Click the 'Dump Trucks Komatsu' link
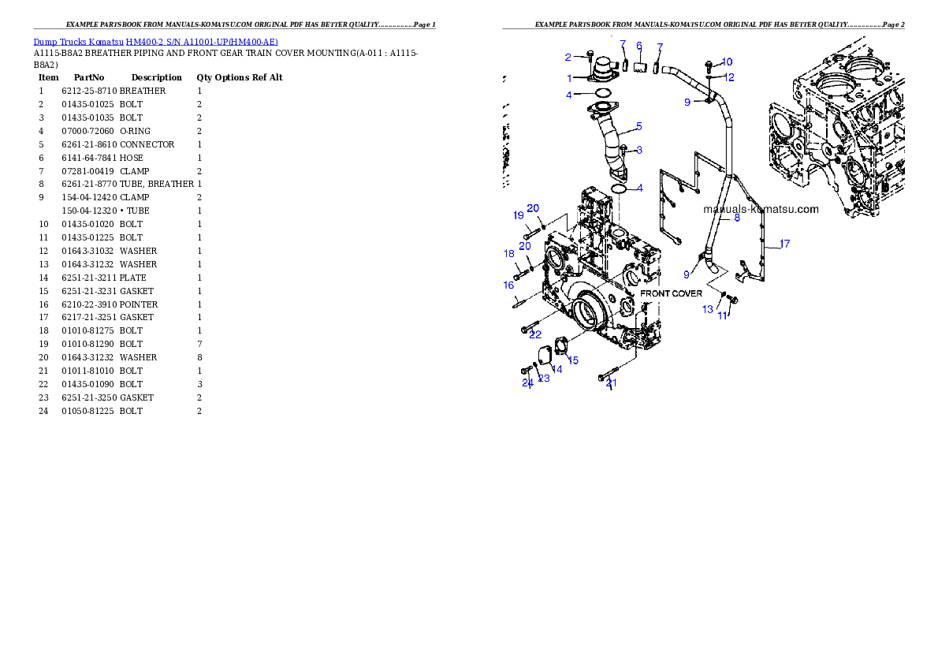point(78,42)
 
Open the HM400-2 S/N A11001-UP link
point(202,42)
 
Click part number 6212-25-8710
point(89,91)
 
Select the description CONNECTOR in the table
point(147,144)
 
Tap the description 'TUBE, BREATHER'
point(157,184)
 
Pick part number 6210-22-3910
point(89,304)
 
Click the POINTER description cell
point(139,304)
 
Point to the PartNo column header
point(89,77)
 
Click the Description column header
point(157,77)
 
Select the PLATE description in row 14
point(132,278)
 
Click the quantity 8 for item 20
point(199,357)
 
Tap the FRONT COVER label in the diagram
point(672,293)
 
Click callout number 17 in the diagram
point(784,244)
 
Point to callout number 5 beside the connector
point(639,126)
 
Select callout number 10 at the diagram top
point(727,62)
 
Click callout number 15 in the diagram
point(573,360)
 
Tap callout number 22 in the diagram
point(535,334)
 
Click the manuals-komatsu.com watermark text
point(761,209)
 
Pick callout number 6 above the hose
point(639,46)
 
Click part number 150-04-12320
point(89,211)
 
